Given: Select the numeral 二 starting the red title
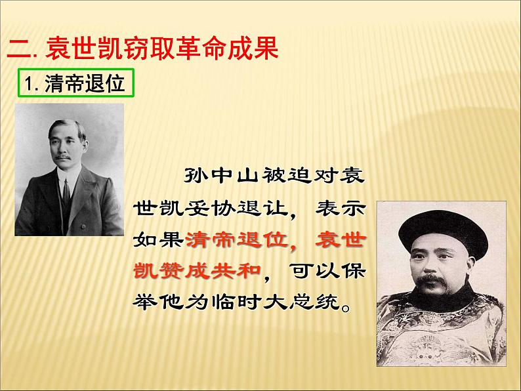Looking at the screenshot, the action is pos(19,49).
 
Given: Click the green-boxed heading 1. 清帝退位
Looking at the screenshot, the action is pos(75,83).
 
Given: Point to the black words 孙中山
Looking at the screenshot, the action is pos(221,175).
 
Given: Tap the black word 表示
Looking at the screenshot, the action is pos(341,208).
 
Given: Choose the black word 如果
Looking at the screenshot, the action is pos(158,239).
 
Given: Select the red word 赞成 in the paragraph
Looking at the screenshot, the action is pos(184,271).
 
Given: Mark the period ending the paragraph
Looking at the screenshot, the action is pos(346,307).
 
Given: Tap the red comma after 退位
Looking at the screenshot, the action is pos(293,247).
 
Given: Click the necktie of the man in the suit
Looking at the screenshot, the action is pos(67,193).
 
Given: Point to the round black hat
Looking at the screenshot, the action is pos(444,232).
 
